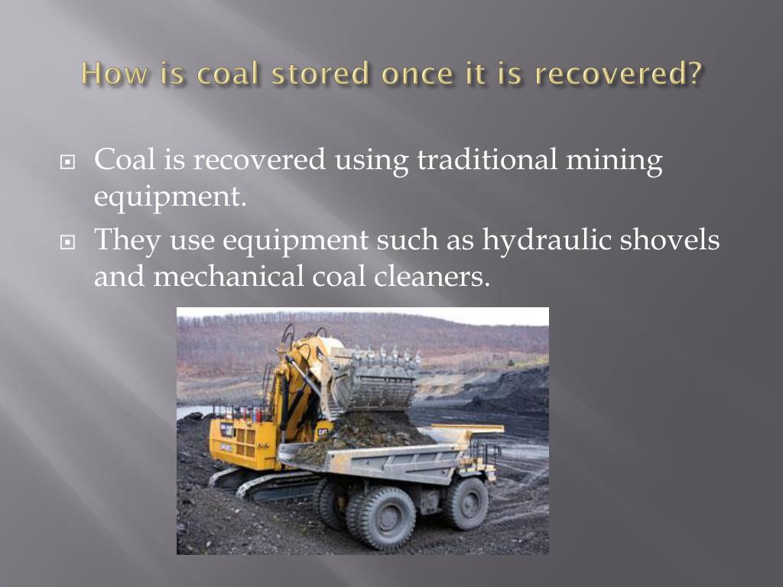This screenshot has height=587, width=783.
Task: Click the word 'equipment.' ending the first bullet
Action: click(171, 197)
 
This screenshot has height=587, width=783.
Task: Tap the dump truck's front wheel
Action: click(466, 502)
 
